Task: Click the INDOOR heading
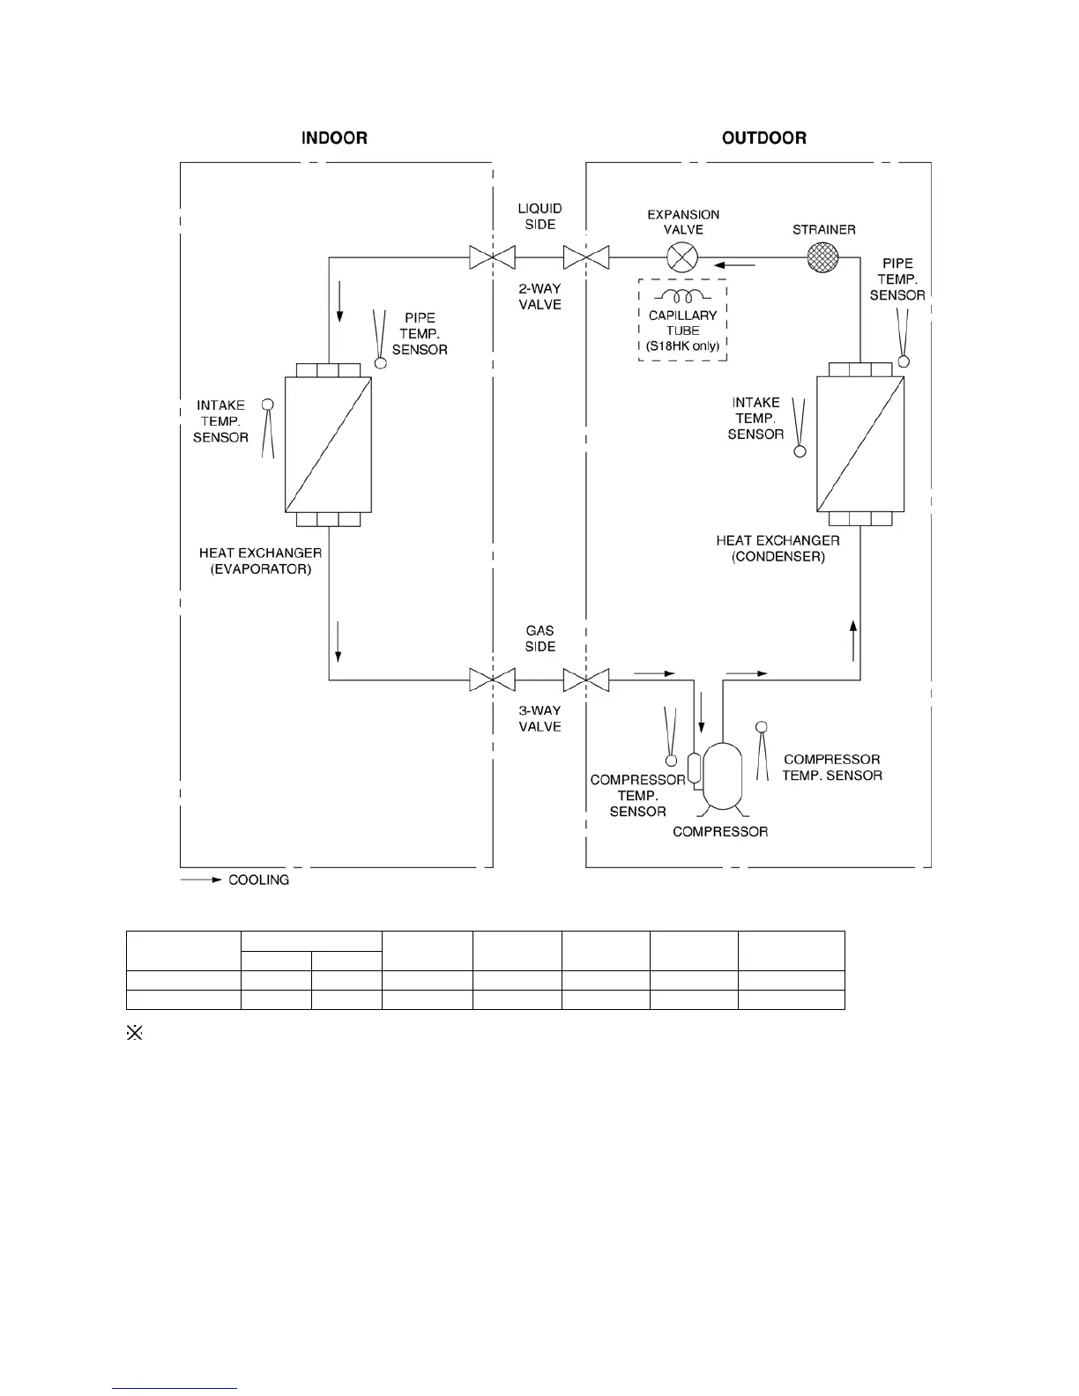click(334, 138)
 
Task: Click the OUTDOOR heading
click(763, 138)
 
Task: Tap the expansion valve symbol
click(681, 257)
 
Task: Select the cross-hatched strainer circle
click(823, 257)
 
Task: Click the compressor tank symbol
click(722, 776)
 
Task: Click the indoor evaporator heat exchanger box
click(328, 444)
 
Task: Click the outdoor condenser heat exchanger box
click(859, 444)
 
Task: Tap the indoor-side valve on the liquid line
click(492, 257)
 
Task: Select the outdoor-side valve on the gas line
click(586, 680)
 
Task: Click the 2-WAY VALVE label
click(539, 296)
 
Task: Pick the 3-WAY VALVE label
click(539, 718)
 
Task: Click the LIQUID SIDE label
click(539, 216)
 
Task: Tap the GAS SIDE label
click(539, 638)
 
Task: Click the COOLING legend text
click(258, 880)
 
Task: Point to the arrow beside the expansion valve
click(734, 264)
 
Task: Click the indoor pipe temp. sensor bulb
click(381, 362)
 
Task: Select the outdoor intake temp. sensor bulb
click(800, 451)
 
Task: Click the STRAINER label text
click(823, 230)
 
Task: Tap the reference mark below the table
click(135, 1033)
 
